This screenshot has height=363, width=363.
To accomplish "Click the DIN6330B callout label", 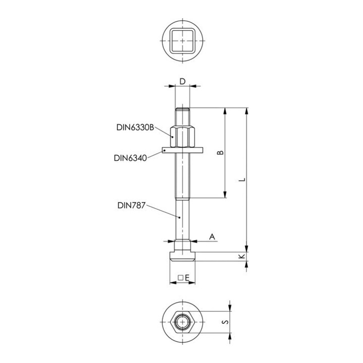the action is click(135, 128).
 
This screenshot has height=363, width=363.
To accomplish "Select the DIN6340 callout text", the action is click(131, 158).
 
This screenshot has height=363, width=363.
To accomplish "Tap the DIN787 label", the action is click(132, 205).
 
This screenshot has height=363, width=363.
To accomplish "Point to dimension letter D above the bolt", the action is click(183, 82).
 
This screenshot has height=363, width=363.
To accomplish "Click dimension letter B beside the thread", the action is click(221, 153).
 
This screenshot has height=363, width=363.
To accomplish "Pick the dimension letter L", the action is click(243, 179).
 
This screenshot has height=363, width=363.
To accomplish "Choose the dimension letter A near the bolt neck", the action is click(212, 237).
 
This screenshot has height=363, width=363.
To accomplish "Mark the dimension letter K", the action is click(241, 256).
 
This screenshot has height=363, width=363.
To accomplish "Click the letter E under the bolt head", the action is click(187, 277).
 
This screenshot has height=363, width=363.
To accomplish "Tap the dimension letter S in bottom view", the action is click(225, 322).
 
